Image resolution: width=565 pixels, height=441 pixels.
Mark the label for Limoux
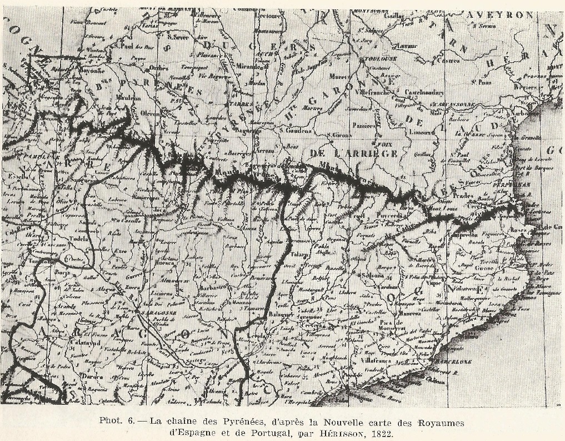(422, 132)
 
